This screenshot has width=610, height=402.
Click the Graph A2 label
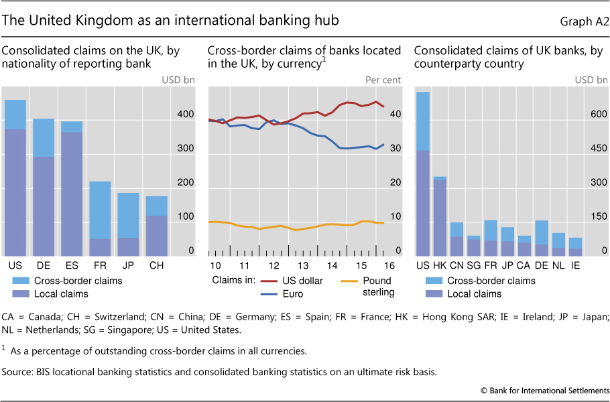(x=584, y=21)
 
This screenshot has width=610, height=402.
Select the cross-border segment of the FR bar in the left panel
(x=100, y=210)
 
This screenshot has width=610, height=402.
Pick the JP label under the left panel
(x=129, y=265)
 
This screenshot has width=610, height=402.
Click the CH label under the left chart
(x=157, y=265)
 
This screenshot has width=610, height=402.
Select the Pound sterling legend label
(x=376, y=286)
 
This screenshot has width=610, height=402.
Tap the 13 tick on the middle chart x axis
(x=303, y=265)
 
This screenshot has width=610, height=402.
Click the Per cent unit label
(x=383, y=80)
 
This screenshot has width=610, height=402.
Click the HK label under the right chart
(x=440, y=265)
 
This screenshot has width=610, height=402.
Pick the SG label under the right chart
(x=473, y=265)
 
